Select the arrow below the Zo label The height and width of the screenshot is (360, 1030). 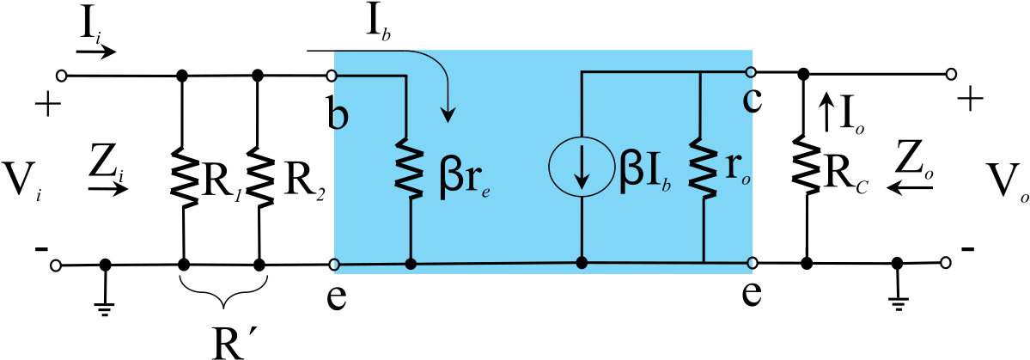tap(911, 188)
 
